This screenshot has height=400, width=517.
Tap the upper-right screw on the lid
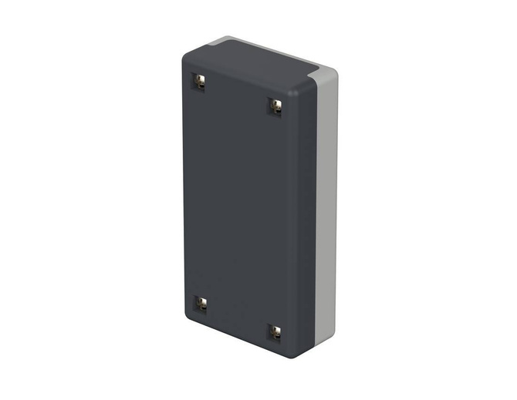(275, 106)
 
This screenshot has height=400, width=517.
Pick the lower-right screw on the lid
(275, 331)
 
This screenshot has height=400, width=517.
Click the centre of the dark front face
(239, 208)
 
